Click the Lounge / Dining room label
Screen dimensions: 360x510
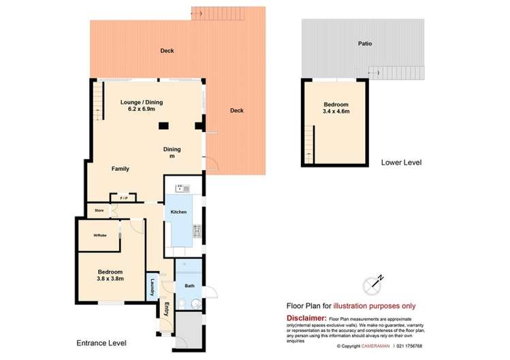click(x=142, y=102)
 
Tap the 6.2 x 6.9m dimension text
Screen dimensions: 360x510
click(x=142, y=110)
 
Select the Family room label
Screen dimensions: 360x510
click(x=121, y=169)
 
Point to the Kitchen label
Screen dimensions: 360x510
click(x=178, y=212)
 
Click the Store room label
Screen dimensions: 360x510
click(x=99, y=211)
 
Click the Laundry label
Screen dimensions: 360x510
click(x=153, y=287)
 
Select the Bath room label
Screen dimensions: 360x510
click(x=190, y=287)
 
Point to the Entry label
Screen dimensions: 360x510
click(x=166, y=310)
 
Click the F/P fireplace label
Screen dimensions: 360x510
click(x=123, y=198)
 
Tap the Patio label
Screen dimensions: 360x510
click(x=366, y=44)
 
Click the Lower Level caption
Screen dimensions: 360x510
click(x=401, y=163)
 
